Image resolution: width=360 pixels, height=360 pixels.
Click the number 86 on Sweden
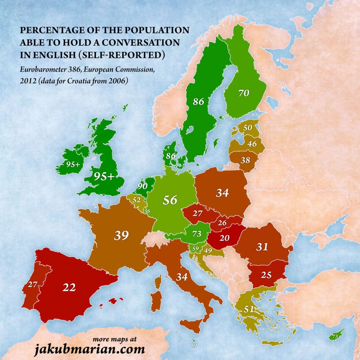click(x=199, y=101)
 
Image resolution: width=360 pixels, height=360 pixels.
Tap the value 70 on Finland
click(x=244, y=93)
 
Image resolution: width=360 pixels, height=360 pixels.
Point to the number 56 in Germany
click(x=170, y=200)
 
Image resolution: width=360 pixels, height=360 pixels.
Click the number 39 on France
click(x=121, y=235)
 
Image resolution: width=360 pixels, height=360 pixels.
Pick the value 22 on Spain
click(x=69, y=287)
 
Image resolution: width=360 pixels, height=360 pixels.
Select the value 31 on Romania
click(x=262, y=247)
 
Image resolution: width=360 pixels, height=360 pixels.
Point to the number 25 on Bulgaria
click(x=266, y=274)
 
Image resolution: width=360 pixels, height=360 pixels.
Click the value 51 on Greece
click(x=249, y=309)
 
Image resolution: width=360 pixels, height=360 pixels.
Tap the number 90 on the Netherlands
click(x=142, y=186)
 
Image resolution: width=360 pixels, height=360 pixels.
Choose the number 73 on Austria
click(x=196, y=234)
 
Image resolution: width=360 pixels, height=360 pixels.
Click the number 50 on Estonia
click(x=247, y=127)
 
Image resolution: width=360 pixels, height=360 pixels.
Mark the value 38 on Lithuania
click(x=245, y=160)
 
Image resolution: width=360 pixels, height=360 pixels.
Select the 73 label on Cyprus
click(x=335, y=337)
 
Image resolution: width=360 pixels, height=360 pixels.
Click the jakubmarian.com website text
click(x=90, y=349)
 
